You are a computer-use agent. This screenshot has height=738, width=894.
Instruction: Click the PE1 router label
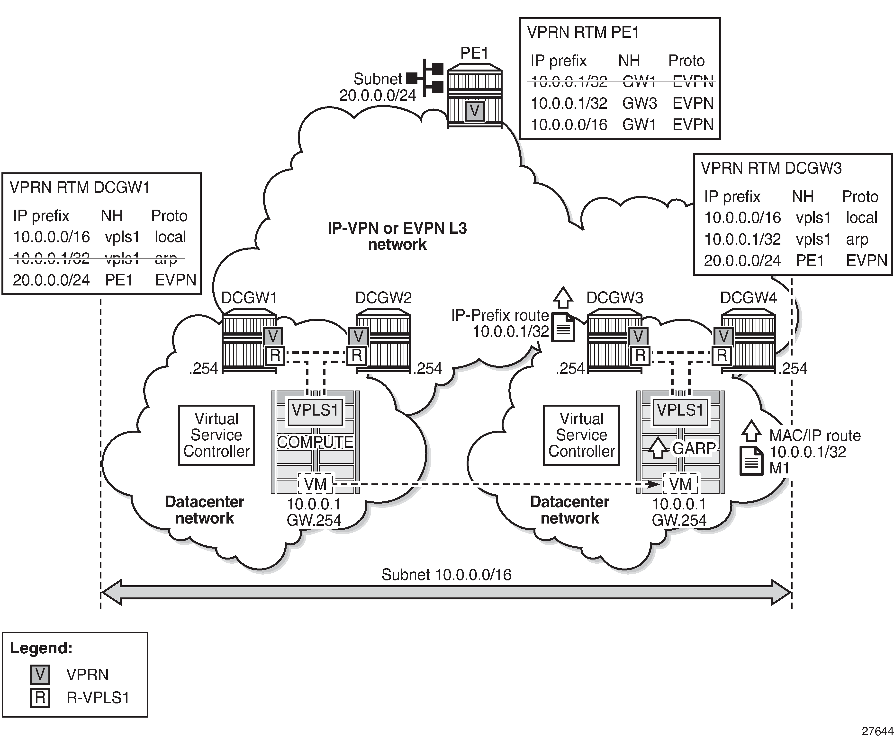pyautogui.click(x=474, y=53)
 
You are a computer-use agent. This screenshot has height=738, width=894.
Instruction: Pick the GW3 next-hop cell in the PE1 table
pyautogui.click(x=639, y=103)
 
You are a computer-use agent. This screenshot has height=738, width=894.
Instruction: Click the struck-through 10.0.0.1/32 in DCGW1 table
pyautogui.click(x=51, y=258)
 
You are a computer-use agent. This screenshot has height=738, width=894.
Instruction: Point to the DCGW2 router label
pyautogui.click(x=383, y=298)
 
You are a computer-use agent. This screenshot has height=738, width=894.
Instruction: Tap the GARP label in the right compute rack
pyautogui.click(x=694, y=448)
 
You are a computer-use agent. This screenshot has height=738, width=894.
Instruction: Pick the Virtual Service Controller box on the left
pyautogui.click(x=216, y=435)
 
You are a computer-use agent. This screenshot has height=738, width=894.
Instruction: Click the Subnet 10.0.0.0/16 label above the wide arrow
pyautogui.click(x=446, y=575)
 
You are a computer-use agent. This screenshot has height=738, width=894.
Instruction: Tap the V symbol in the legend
pyautogui.click(x=40, y=675)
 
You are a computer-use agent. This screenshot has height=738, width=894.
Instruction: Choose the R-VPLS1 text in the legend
pyautogui.click(x=97, y=698)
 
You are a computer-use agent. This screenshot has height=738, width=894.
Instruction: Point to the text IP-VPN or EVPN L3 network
pyautogui.click(x=397, y=236)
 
